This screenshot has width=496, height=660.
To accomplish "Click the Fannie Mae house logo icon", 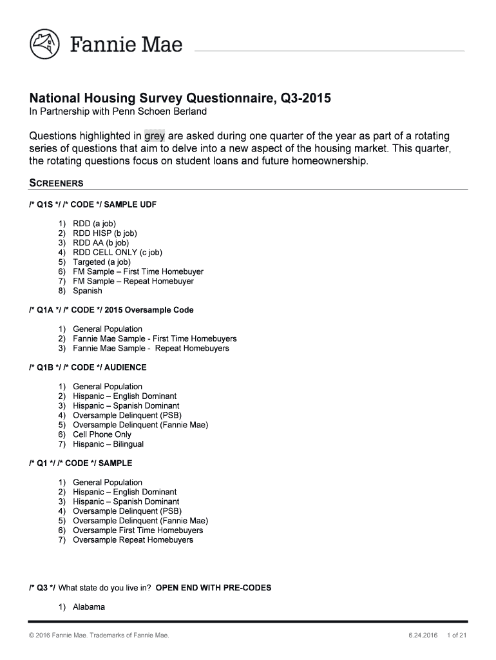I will tap(44, 44).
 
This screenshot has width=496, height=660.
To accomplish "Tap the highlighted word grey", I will tap(155, 136).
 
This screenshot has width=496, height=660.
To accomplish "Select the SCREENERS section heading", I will tap(57, 183).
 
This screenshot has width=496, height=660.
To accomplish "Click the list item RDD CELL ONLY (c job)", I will tap(117, 253).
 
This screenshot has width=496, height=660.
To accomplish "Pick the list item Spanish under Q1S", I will tap(87, 291).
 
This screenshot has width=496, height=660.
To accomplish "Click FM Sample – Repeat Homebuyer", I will tap(133, 281).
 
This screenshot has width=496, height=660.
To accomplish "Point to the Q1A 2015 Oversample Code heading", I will tap(111, 310).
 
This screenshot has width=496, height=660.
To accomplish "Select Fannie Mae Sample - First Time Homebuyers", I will tap(155, 338).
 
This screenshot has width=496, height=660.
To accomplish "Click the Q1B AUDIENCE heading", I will tap(88, 367).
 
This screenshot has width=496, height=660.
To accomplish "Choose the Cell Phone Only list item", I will tap(102, 434).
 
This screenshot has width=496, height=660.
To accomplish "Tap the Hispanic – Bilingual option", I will tap(108, 444).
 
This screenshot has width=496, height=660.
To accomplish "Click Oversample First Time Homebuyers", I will tap(138, 530).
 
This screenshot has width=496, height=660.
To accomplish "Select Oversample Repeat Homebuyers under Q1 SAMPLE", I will tap(133, 540).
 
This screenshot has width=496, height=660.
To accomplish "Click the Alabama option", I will tap(88, 607).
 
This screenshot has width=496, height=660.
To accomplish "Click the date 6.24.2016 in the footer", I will tap(423, 636).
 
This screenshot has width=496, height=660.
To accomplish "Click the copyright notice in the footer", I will tap(100, 636).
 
